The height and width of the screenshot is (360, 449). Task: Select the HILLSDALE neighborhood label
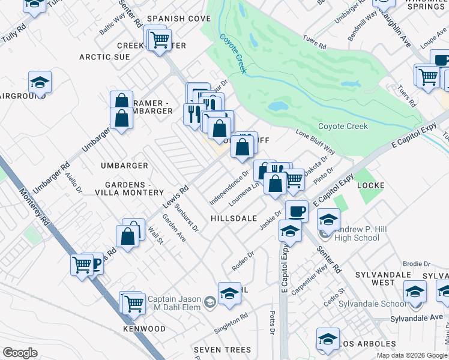coord(234,219)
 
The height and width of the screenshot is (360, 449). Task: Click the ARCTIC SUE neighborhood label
coord(105,57)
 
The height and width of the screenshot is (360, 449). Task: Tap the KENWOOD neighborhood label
coord(144,329)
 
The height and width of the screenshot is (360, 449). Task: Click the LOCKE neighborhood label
coord(370,185)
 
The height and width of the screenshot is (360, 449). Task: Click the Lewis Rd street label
coord(176,196)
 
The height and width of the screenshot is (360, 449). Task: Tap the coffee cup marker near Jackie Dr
coord(297,210)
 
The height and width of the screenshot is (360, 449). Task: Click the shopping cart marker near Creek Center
coord(160,40)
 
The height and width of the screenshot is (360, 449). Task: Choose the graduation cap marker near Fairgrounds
coord(40,82)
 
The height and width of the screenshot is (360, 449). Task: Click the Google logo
coord(20,353)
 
